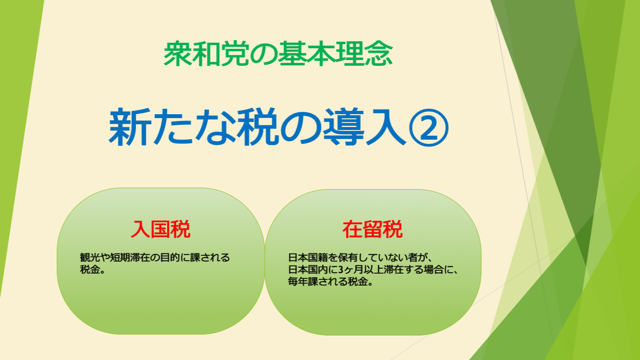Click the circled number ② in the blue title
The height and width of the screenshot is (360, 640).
(x=429, y=128)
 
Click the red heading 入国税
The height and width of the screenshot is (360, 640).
(x=161, y=229)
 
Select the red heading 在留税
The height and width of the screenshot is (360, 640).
(x=373, y=229)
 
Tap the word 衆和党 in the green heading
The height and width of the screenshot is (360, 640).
(x=206, y=54)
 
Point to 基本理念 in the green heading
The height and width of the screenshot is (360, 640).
(x=335, y=54)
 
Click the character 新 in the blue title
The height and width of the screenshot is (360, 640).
(x=130, y=127)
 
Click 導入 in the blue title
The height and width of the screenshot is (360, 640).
(x=365, y=127)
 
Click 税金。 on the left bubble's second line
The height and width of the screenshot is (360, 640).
(x=93, y=269)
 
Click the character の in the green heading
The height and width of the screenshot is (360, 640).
(x=263, y=54)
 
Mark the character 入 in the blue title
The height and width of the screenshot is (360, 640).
(x=386, y=127)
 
